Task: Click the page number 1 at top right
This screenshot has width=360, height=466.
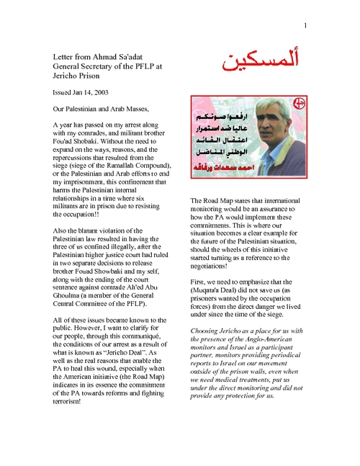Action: pyautogui.click(x=305, y=27)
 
